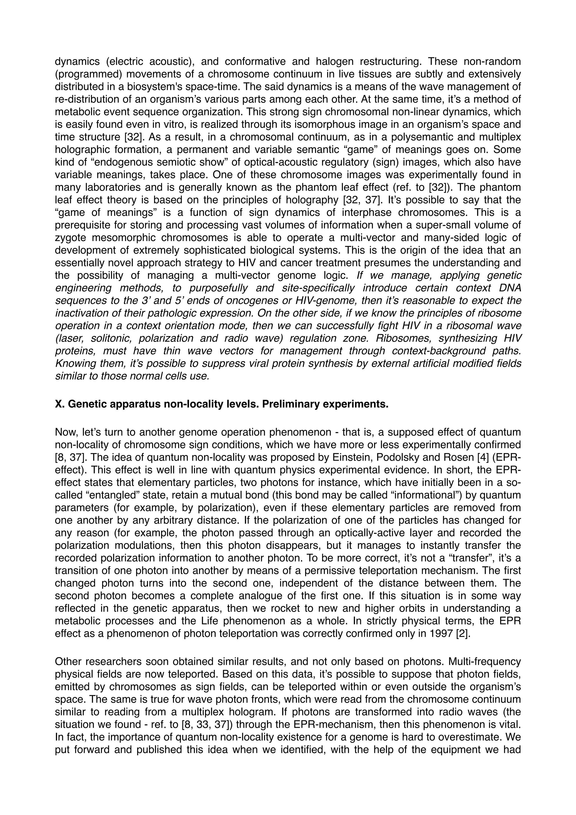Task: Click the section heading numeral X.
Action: [59, 404]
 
